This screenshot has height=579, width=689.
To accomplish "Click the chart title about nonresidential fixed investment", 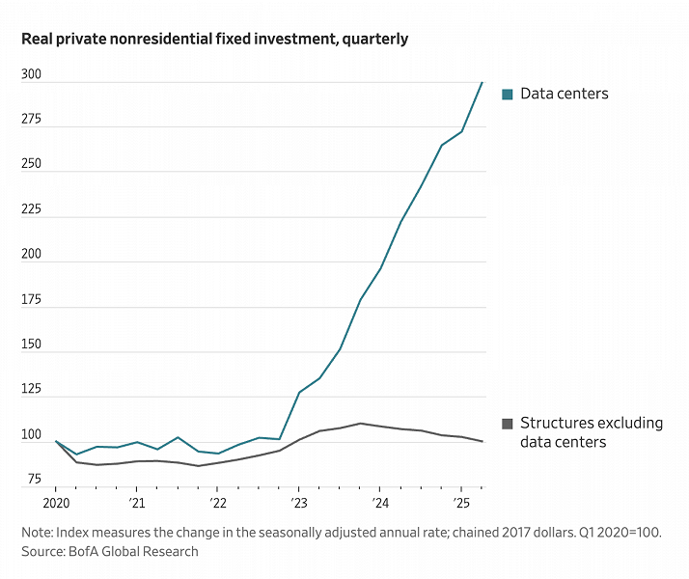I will pyautogui.click(x=214, y=40).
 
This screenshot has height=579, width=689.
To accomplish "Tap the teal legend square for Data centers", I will pyautogui.click(x=507, y=94).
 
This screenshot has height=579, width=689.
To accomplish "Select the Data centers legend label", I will pyautogui.click(x=564, y=94).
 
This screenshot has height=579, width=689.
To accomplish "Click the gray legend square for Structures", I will pyautogui.click(x=507, y=423).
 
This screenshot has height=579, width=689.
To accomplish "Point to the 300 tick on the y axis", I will pyautogui.click(x=32, y=74).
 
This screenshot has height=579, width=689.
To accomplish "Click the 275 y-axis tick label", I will pyautogui.click(x=32, y=120).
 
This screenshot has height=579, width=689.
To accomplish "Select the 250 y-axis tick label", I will pyautogui.click(x=32, y=164).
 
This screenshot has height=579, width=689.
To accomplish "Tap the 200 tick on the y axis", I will pyautogui.click(x=32, y=255).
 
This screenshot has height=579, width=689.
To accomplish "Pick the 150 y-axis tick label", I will pyautogui.click(x=32, y=345).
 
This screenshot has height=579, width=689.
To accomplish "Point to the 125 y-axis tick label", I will pyautogui.click(x=32, y=390).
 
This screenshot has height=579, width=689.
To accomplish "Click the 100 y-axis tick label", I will pyautogui.click(x=32, y=435).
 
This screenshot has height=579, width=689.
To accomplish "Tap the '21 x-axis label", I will pyautogui.click(x=136, y=504).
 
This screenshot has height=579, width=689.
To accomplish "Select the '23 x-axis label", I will pyautogui.click(x=298, y=504).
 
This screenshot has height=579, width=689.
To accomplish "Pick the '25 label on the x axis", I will pyautogui.click(x=461, y=504).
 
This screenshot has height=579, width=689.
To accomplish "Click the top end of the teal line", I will pyautogui.click(x=482, y=82).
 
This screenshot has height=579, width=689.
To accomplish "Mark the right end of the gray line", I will pyautogui.click(x=482, y=441).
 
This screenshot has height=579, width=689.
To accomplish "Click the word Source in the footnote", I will pyautogui.click(x=44, y=551).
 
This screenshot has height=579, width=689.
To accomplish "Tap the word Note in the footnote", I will pyautogui.click(x=39, y=532).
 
